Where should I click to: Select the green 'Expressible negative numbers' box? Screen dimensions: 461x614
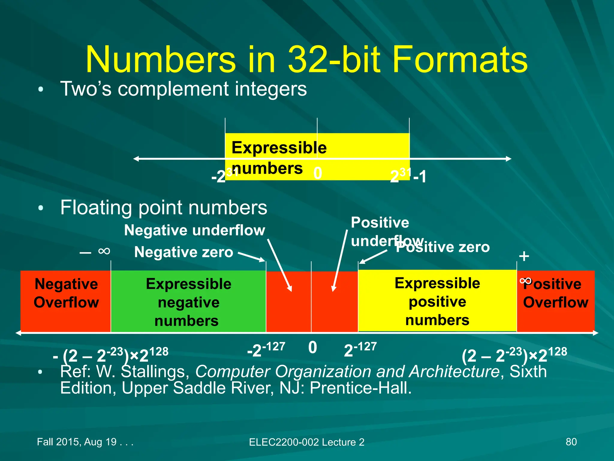pos(188,302)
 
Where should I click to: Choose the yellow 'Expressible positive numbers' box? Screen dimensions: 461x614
pos(437,301)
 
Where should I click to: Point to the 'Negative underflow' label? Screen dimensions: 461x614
pos(195,230)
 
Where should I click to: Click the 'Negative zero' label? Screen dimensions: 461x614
pos(183,252)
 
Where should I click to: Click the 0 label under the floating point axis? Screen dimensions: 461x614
pos(312,348)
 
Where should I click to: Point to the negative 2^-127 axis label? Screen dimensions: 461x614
pos(266,349)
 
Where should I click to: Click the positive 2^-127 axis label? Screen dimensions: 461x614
pos(360,349)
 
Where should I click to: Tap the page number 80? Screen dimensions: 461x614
pos(571,442)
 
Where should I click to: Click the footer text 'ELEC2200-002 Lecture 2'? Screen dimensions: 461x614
pos(306,442)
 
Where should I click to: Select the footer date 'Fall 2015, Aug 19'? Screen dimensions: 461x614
pos(77,442)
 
